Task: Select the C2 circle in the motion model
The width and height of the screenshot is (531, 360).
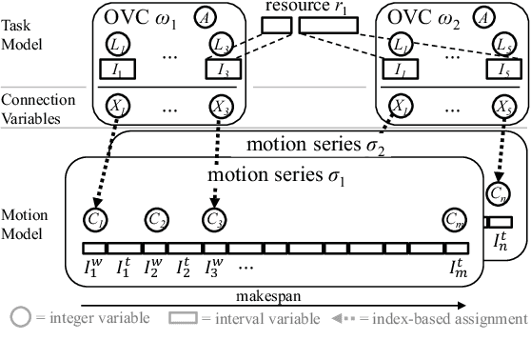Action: [156, 220]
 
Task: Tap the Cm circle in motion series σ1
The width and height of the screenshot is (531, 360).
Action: [455, 220]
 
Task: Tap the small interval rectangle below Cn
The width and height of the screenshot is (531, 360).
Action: [500, 222]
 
